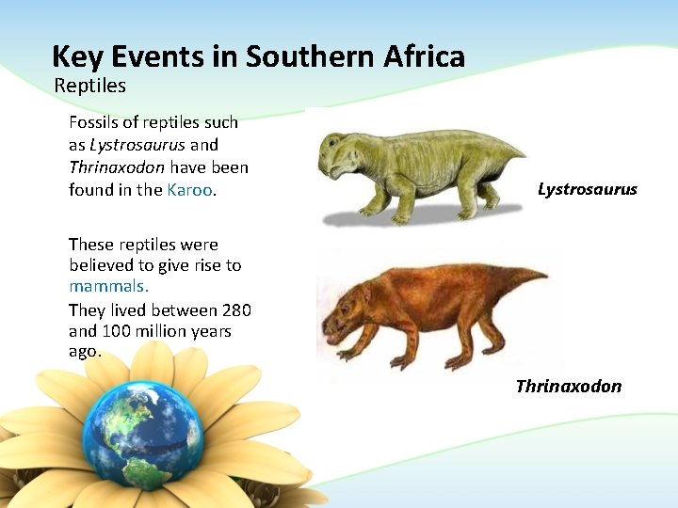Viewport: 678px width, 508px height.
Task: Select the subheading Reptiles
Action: click(x=89, y=86)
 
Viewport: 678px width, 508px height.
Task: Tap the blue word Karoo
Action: click(x=190, y=190)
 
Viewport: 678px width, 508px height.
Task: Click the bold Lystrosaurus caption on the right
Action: click(x=587, y=189)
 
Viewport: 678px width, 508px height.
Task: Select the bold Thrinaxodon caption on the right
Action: click(x=568, y=386)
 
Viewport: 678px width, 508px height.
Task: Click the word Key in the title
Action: click(x=75, y=56)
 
